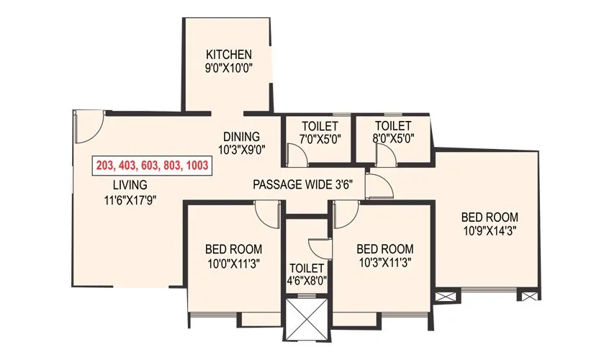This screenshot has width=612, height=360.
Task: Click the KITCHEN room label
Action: tap(229, 55)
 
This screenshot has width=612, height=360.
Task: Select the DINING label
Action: tap(241, 137)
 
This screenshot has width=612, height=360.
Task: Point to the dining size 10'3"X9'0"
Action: tap(241, 150)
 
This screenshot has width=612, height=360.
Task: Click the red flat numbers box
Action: tap(152, 166)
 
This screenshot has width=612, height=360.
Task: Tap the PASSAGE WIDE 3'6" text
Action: tap(302, 185)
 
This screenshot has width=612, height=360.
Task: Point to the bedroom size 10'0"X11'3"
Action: tap(233, 264)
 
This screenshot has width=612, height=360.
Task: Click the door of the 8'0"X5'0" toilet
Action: tap(382, 153)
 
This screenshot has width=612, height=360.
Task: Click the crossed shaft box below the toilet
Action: tap(307, 318)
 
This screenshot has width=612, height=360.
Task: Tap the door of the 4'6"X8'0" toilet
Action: tap(320, 246)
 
